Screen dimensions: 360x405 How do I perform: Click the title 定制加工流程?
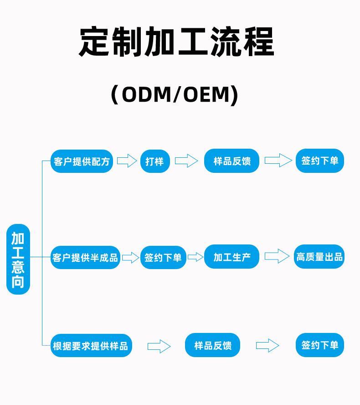click(x=176, y=42)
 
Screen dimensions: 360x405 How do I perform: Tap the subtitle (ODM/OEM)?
click(x=175, y=94)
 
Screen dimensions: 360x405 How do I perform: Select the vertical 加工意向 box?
click(x=18, y=259)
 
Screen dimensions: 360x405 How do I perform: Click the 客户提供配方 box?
click(x=82, y=161)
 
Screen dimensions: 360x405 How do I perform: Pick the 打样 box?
click(x=155, y=161)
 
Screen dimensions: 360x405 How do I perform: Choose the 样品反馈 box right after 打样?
click(x=231, y=161)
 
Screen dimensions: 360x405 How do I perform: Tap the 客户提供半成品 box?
click(x=85, y=257)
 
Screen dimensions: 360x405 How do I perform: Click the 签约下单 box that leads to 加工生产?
click(x=163, y=257)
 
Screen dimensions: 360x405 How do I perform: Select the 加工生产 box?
click(x=231, y=256)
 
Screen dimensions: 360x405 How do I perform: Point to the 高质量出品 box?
click(x=319, y=256)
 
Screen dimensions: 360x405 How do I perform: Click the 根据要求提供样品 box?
click(x=91, y=346)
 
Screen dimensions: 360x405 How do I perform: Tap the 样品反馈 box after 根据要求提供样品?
click(x=212, y=345)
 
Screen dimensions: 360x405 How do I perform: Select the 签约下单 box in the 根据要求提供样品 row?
click(x=320, y=345)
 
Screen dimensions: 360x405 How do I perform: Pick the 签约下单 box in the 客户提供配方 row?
click(x=320, y=161)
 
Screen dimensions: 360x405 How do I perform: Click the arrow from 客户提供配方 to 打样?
click(x=127, y=161)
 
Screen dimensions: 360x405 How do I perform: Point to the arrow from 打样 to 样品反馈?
click(x=186, y=161)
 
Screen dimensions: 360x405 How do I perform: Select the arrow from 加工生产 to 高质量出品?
click(x=277, y=256)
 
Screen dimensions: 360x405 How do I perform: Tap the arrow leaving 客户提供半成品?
click(x=131, y=258)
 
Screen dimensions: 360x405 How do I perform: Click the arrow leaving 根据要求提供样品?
click(x=159, y=346)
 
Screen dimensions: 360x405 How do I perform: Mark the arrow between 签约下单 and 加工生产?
click(x=195, y=257)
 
